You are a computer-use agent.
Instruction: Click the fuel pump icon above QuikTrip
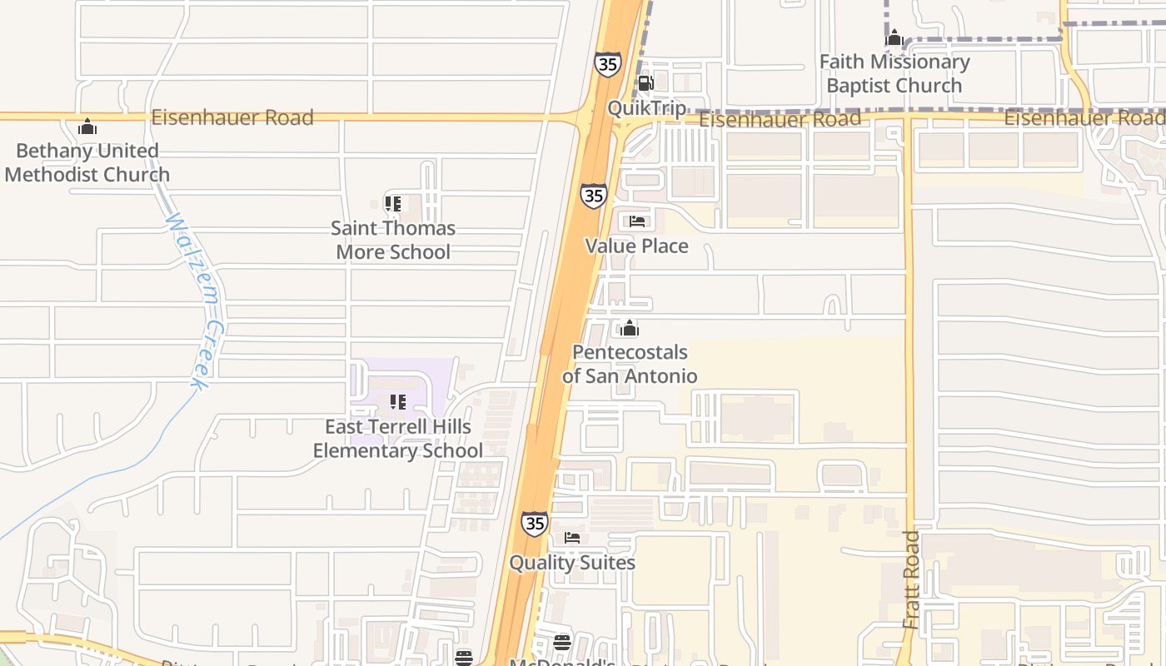[x=645, y=83]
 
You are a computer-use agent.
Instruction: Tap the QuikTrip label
[x=647, y=107]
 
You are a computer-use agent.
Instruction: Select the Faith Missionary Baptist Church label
[x=894, y=73]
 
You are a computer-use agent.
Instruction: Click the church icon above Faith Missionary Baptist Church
[x=894, y=38]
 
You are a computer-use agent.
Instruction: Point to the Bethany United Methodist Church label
[x=87, y=162]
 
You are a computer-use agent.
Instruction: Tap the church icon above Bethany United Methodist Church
[x=87, y=127]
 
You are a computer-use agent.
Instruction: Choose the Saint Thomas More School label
[x=393, y=240]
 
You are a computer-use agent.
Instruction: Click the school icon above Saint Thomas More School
[x=393, y=204]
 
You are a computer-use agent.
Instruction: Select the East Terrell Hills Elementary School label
[x=398, y=439]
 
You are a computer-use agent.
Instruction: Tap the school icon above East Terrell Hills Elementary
[x=398, y=403]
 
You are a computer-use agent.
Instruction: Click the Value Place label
[x=636, y=246]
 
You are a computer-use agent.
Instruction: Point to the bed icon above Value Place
[x=637, y=221]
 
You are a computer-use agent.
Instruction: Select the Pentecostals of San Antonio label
[x=630, y=364]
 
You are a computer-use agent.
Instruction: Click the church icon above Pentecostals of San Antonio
[x=630, y=328]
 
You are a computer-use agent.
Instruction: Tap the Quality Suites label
[x=572, y=563]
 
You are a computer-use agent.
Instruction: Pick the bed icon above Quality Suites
[x=572, y=538]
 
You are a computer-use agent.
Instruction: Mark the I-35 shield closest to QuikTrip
[x=608, y=64]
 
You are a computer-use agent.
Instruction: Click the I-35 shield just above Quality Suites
[x=535, y=524]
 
